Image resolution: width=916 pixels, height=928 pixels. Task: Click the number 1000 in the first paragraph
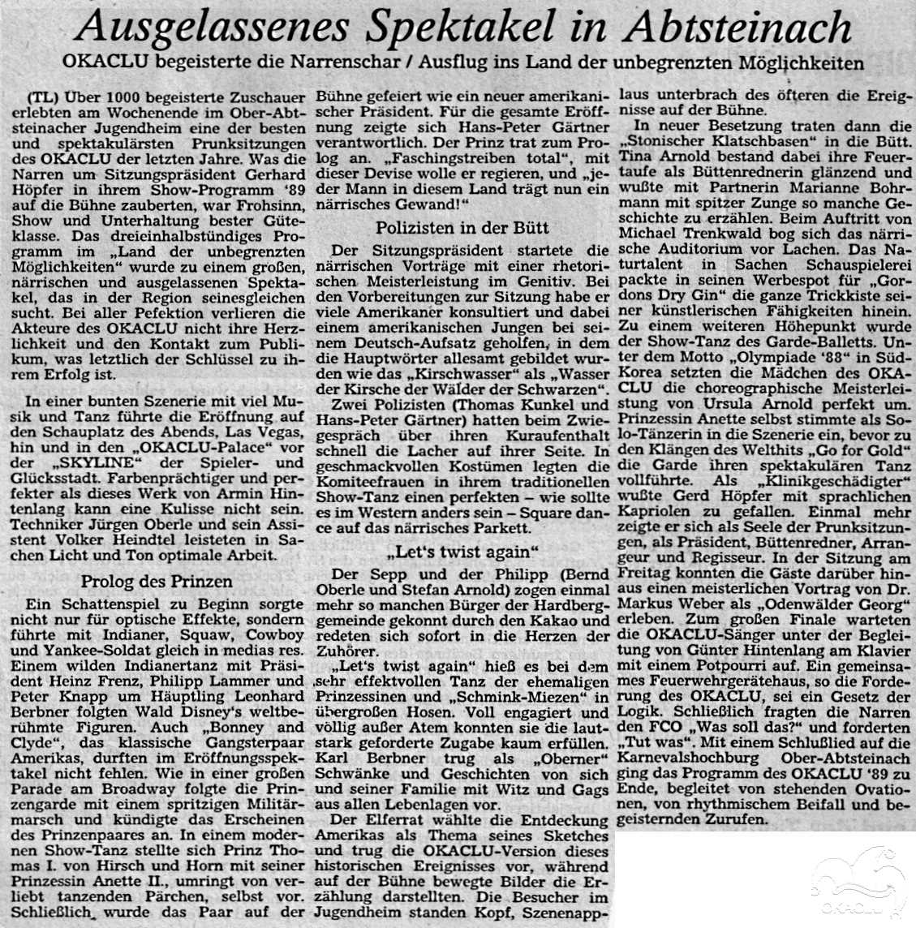point(118,96)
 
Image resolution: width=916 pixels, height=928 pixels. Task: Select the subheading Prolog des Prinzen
point(156,581)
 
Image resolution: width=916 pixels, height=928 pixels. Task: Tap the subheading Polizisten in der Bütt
point(462,228)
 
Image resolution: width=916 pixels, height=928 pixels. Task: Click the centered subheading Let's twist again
point(463,554)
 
